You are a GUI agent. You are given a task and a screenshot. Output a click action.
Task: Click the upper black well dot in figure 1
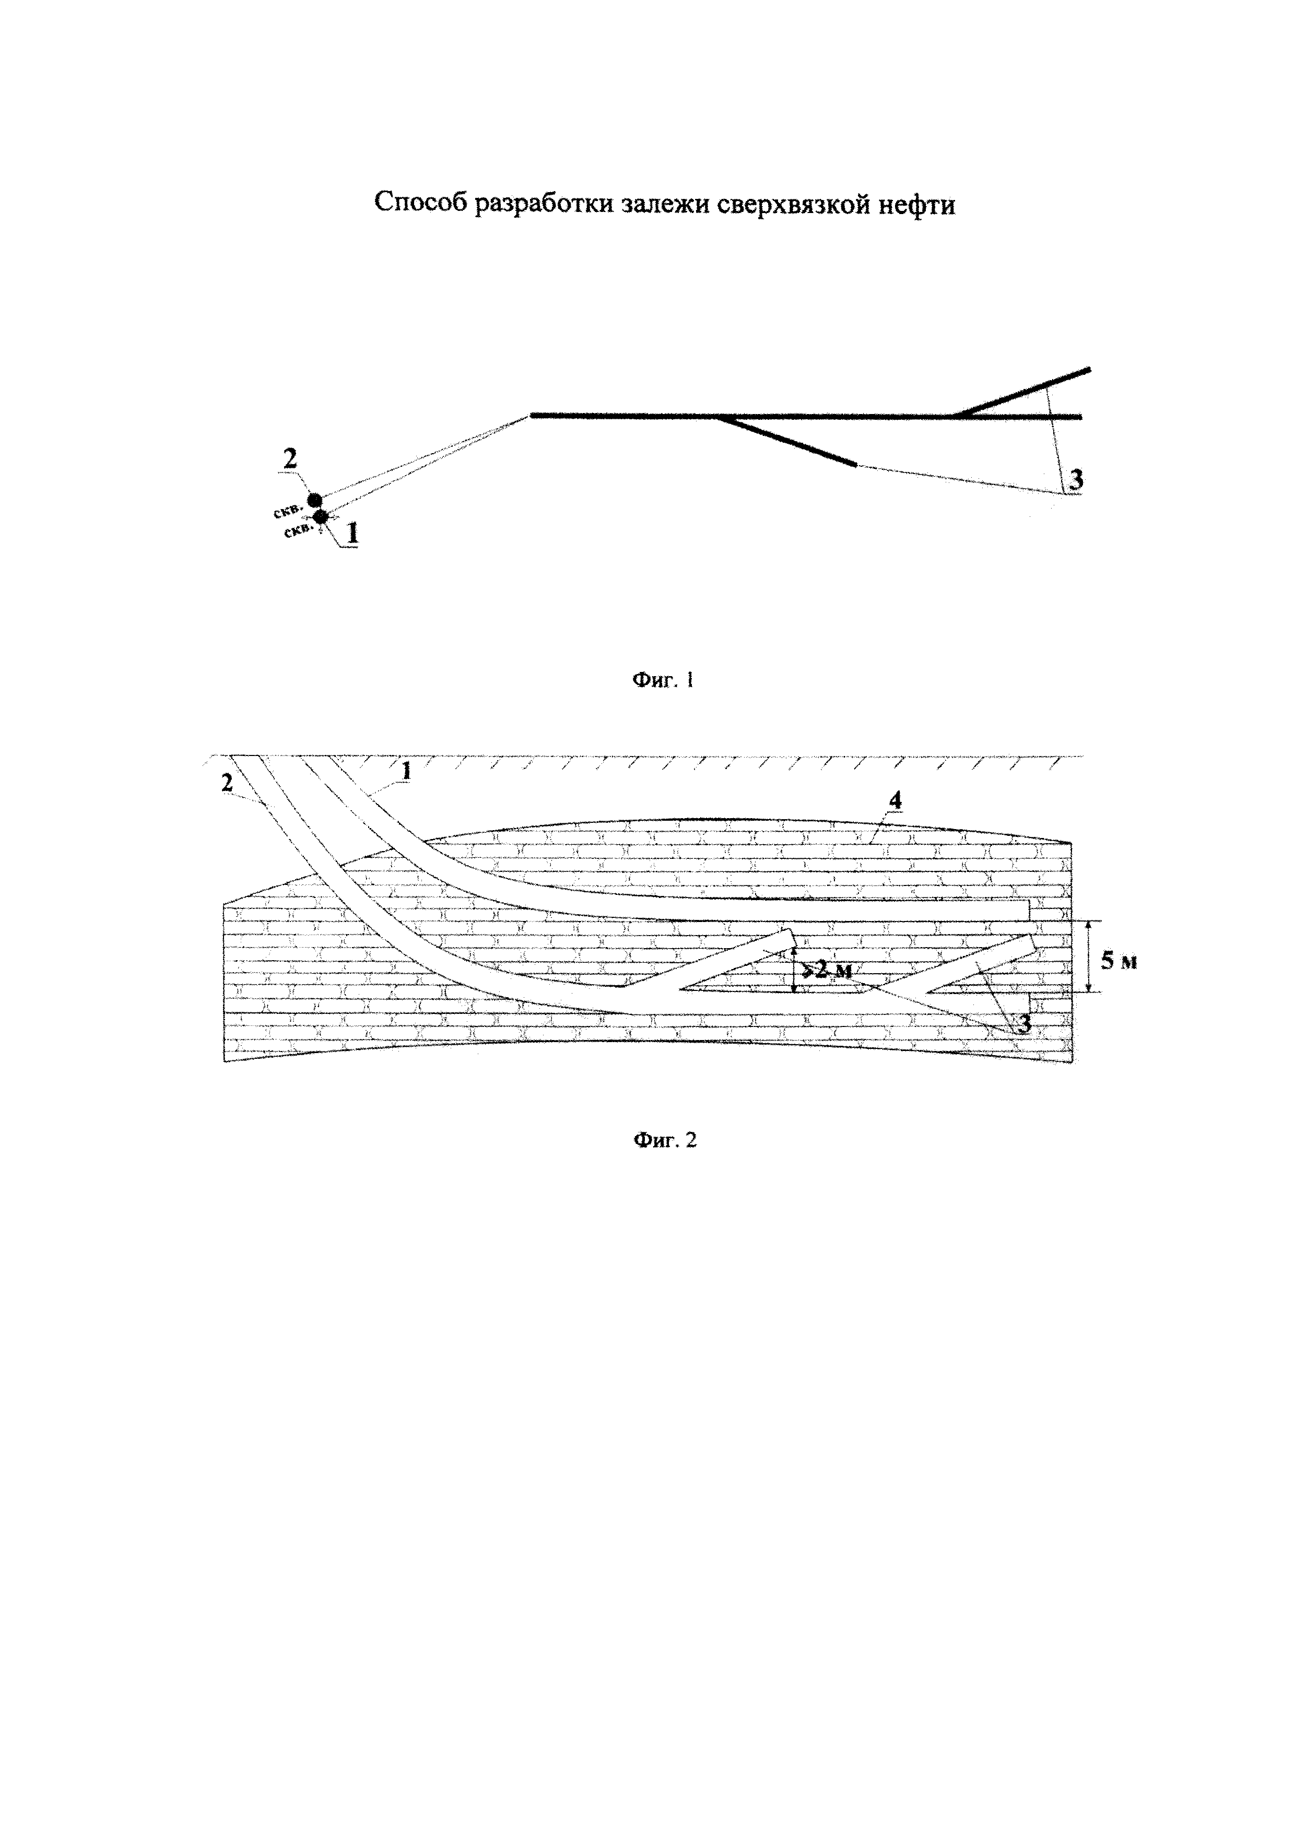point(315,501)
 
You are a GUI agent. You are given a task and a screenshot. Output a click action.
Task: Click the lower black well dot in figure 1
point(321,517)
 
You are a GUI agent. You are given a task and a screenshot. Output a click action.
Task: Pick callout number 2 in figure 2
point(227,783)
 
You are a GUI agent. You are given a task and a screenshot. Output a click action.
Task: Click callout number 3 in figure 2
point(1025,1023)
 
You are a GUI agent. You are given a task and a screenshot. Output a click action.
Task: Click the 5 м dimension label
point(1119,961)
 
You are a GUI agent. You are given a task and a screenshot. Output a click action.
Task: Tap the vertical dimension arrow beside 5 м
point(1089,956)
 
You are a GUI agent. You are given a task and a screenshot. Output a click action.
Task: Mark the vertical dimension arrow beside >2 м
point(795,971)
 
